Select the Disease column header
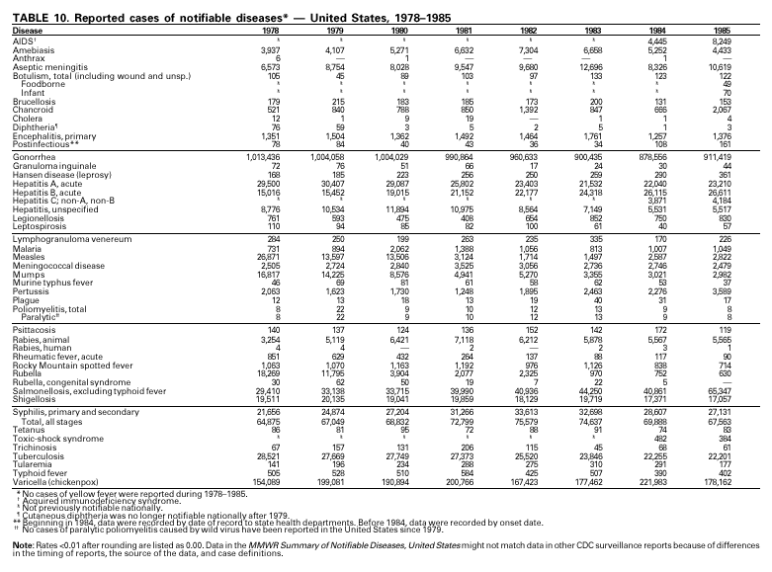[x=28, y=31]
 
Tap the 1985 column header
[x=749, y=31]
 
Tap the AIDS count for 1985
[x=748, y=41]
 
